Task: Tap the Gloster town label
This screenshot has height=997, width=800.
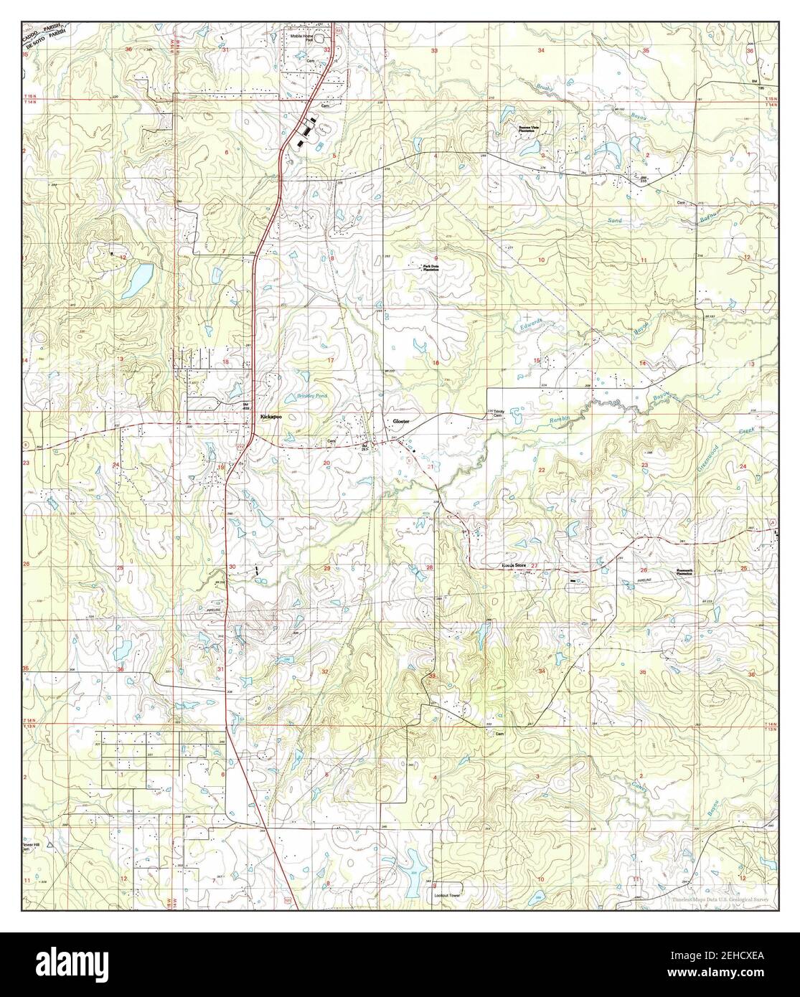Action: (399, 422)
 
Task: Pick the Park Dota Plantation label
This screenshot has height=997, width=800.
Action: (430, 268)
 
